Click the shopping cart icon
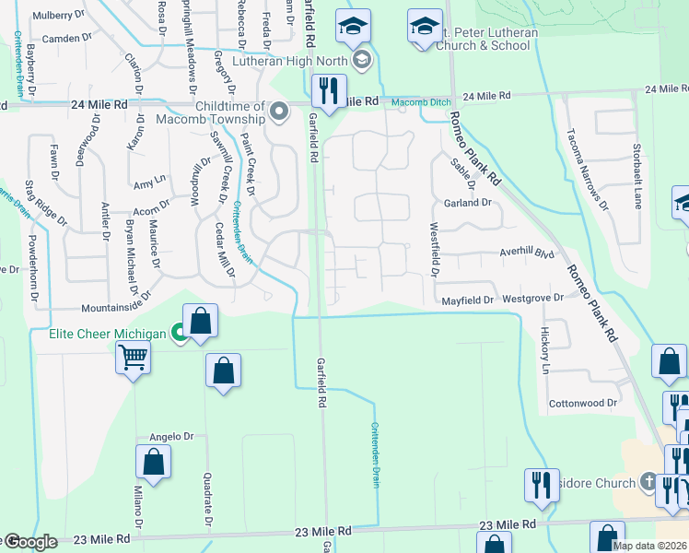click(134, 356)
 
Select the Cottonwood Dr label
click(582, 404)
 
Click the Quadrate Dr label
click(207, 501)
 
